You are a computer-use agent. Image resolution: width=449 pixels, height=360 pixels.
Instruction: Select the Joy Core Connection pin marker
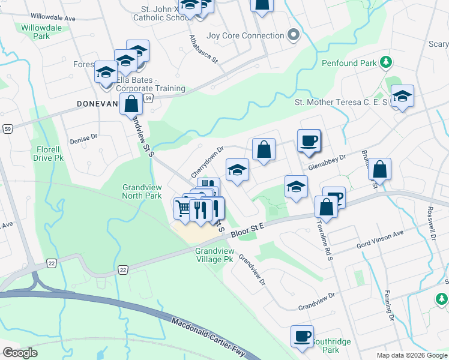point(294,35)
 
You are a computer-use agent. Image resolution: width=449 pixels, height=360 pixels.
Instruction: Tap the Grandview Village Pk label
point(214,256)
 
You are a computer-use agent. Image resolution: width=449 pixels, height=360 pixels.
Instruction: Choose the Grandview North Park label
point(142,191)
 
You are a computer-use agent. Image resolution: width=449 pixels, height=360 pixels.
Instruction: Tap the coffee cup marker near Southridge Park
point(302,336)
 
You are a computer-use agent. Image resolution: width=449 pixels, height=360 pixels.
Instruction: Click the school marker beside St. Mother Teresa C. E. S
point(402,96)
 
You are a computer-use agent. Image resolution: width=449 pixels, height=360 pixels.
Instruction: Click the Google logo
point(20,352)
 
